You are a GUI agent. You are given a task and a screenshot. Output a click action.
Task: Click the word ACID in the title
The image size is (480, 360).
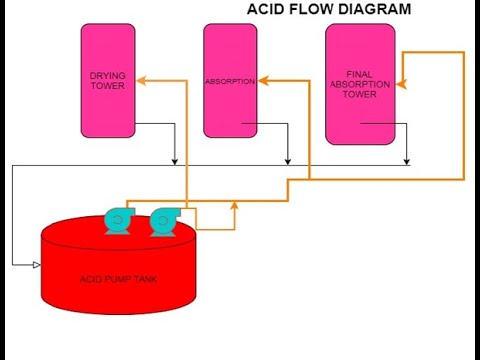(266, 10)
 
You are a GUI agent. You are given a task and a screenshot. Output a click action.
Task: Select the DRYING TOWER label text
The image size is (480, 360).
(106, 81)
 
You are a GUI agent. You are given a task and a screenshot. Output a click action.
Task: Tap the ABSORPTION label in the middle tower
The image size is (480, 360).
(229, 81)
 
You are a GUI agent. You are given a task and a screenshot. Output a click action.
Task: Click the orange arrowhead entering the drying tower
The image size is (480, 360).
(140, 81)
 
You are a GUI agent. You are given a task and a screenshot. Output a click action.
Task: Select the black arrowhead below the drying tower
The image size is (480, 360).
(174, 161)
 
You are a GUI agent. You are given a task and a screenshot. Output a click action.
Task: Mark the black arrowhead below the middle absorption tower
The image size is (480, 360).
(288, 161)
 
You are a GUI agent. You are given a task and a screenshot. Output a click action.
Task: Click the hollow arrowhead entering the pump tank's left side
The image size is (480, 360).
(35, 264)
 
